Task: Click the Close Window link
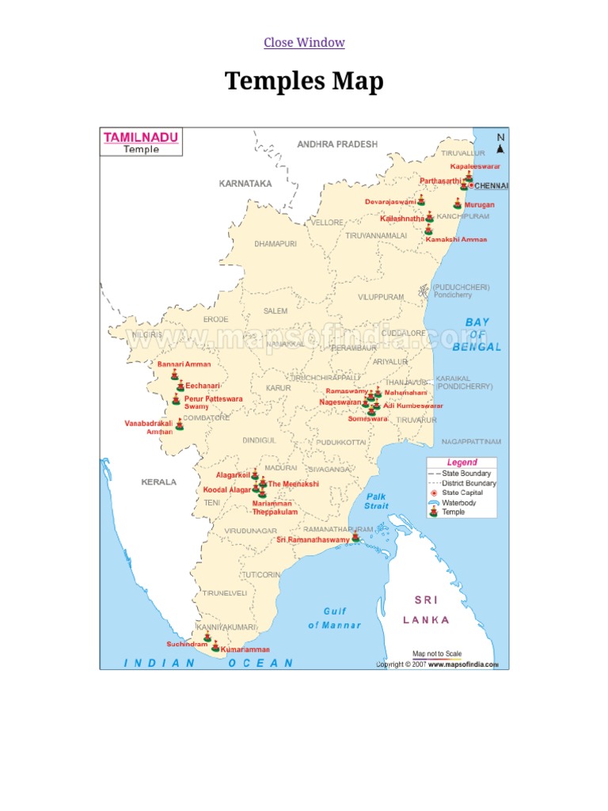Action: coord(304,42)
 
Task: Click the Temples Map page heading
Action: coord(304,81)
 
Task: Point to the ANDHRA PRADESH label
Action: coord(337,144)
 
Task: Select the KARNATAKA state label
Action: coord(245,183)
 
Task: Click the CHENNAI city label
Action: coord(492,185)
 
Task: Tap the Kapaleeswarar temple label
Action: coord(476,166)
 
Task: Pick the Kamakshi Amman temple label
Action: coord(456,239)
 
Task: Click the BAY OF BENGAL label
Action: coord(477,334)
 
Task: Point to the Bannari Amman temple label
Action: coord(184,364)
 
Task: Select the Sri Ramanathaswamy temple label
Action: coord(313,539)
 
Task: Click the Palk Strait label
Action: coord(377,501)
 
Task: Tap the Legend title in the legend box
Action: coord(462,463)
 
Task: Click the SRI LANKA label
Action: coord(426,610)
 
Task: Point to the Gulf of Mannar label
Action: coord(334,618)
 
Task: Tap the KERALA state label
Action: coord(159,482)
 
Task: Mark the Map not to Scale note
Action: coord(437,653)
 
